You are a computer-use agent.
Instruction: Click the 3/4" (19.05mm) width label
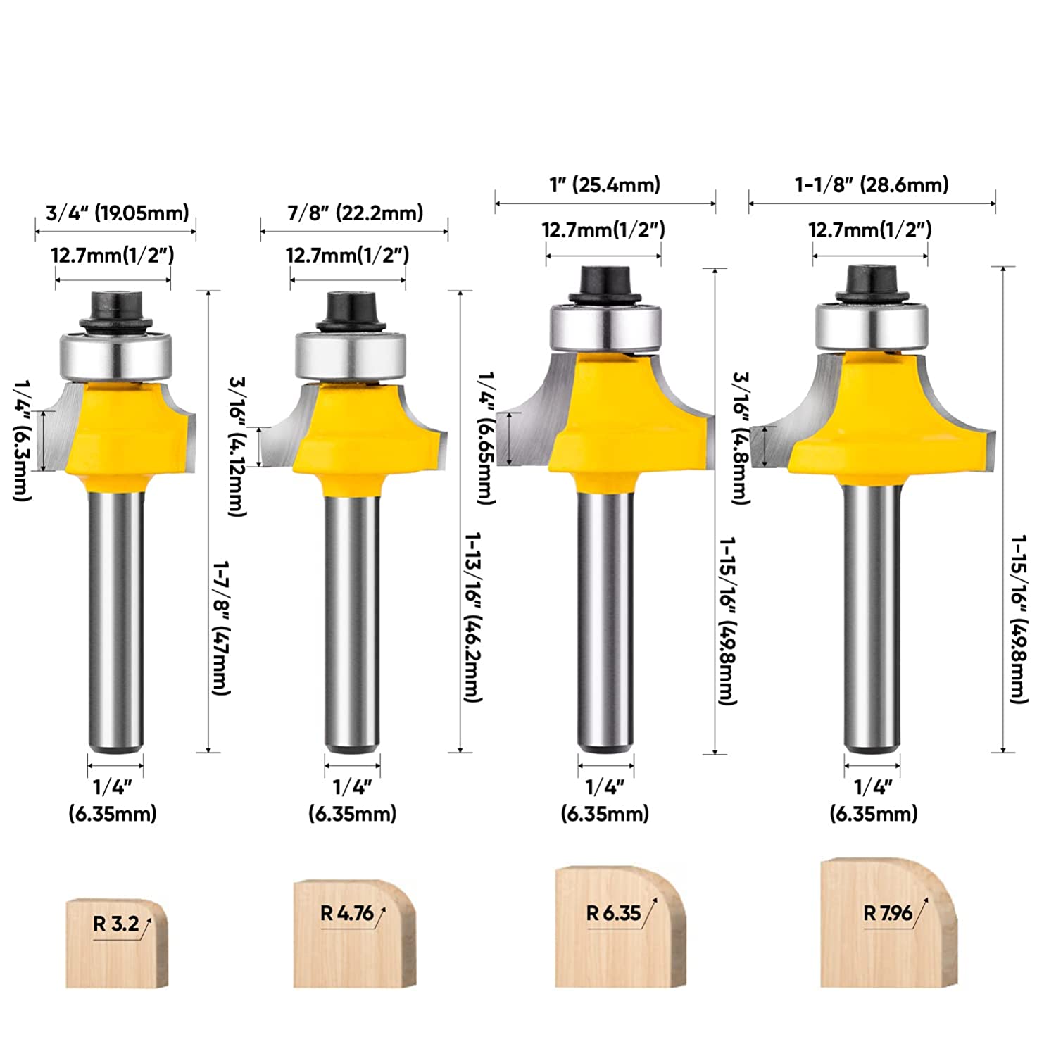pyautogui.click(x=117, y=213)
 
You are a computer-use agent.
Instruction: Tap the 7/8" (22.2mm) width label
pyautogui.click(x=355, y=213)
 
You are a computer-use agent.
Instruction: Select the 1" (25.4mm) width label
pyautogui.click(x=605, y=185)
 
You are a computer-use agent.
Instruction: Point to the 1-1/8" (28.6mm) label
pyautogui.click(x=872, y=185)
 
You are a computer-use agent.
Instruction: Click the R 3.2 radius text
pyautogui.click(x=117, y=924)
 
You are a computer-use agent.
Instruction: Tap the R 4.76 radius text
pyautogui.click(x=347, y=914)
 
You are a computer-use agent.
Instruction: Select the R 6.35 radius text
pyautogui.click(x=614, y=914)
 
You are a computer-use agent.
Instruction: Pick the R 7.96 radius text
pyautogui.click(x=888, y=914)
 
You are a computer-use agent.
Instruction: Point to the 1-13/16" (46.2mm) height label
pyautogui.click(x=472, y=616)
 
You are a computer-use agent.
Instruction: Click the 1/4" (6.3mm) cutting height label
pyautogui.click(x=23, y=440)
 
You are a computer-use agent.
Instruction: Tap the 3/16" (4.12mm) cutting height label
pyautogui.click(x=237, y=446)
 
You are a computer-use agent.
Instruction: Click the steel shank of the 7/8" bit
pyautogui.click(x=352, y=620)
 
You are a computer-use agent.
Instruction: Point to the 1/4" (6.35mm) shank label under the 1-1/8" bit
pyautogui.click(x=873, y=800)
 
